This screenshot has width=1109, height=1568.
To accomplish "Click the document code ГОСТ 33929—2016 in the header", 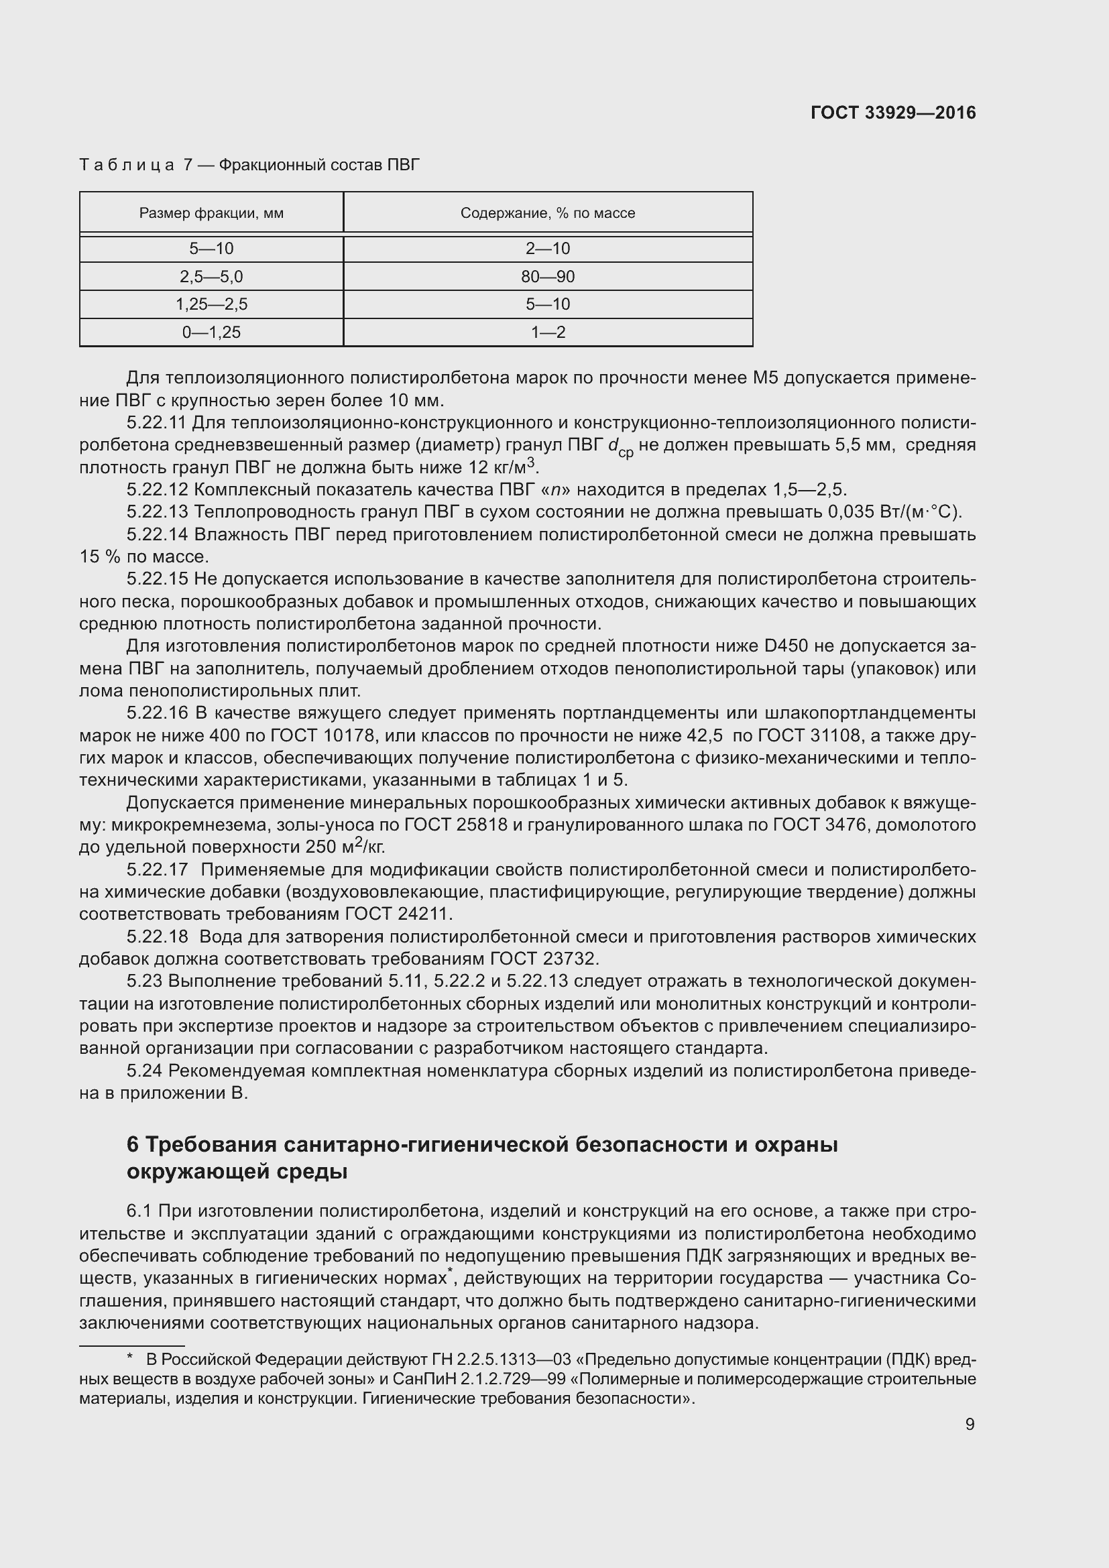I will coord(893,113).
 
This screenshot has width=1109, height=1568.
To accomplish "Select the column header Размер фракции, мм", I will coord(211,213).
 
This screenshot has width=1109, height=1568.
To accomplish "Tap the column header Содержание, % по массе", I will coord(548,213).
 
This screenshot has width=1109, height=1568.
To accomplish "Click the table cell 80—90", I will coord(548,277).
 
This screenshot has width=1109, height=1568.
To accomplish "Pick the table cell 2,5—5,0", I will coord(211,277).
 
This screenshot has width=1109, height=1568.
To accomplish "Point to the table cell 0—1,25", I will coord(211,333).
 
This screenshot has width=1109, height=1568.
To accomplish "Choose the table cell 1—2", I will coord(548,333).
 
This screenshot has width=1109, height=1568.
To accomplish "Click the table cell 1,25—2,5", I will coord(211,304).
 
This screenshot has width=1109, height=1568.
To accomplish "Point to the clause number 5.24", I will coord(144,1071).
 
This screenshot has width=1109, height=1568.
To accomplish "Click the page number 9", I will coord(970,1425).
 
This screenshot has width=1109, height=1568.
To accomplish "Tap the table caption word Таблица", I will coord(127,166).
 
